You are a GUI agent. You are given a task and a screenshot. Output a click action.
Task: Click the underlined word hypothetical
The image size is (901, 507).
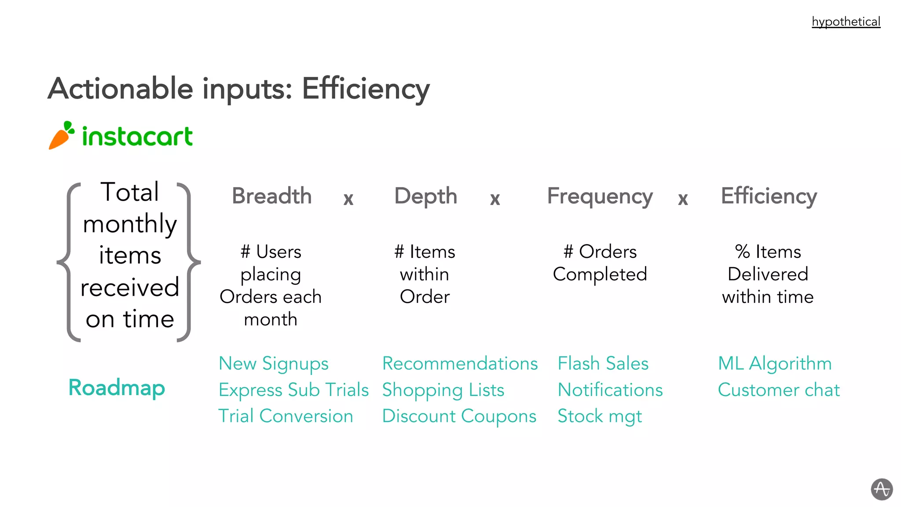click(846, 22)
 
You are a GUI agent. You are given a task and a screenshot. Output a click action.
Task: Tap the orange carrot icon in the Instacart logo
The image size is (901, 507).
click(61, 136)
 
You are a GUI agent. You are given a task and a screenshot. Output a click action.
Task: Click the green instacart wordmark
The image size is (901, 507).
click(137, 136)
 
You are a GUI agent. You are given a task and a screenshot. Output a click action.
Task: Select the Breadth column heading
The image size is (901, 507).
click(271, 196)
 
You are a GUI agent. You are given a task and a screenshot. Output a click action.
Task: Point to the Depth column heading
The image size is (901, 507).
click(425, 196)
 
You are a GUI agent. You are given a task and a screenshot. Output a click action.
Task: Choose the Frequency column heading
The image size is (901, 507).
click(600, 196)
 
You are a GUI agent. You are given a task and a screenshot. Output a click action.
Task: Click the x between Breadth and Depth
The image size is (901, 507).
click(348, 199)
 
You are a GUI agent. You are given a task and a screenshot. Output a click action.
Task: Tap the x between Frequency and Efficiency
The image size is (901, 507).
click(682, 199)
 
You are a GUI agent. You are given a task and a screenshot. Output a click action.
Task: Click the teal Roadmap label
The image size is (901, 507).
click(117, 388)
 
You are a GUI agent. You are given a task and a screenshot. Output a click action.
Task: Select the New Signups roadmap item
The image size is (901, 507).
click(273, 364)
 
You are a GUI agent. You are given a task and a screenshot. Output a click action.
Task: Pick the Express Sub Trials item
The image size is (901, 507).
click(293, 390)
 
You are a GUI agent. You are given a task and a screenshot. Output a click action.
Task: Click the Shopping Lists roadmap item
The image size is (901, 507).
click(443, 390)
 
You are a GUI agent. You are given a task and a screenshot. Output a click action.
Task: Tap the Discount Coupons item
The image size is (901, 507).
click(459, 416)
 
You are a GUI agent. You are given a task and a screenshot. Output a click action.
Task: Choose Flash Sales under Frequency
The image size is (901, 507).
click(603, 364)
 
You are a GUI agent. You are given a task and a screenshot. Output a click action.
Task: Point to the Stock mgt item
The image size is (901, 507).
click(600, 416)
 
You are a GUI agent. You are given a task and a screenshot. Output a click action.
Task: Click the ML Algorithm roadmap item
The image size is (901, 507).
click(775, 364)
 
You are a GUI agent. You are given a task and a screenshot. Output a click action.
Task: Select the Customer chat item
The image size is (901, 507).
click(779, 390)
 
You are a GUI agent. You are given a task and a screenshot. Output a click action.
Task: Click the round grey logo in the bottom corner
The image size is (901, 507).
click(882, 489)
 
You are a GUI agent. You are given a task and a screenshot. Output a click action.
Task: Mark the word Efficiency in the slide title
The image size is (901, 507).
click(366, 89)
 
